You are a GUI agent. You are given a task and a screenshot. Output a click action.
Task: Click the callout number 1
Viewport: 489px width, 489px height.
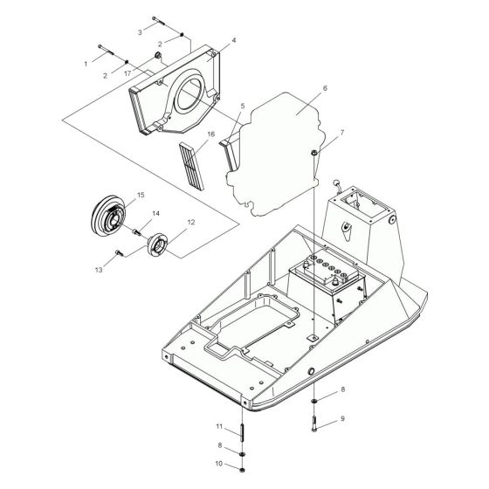pos(86,64)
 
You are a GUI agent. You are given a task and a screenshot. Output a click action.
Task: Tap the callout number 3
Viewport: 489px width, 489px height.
pos(139,31)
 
